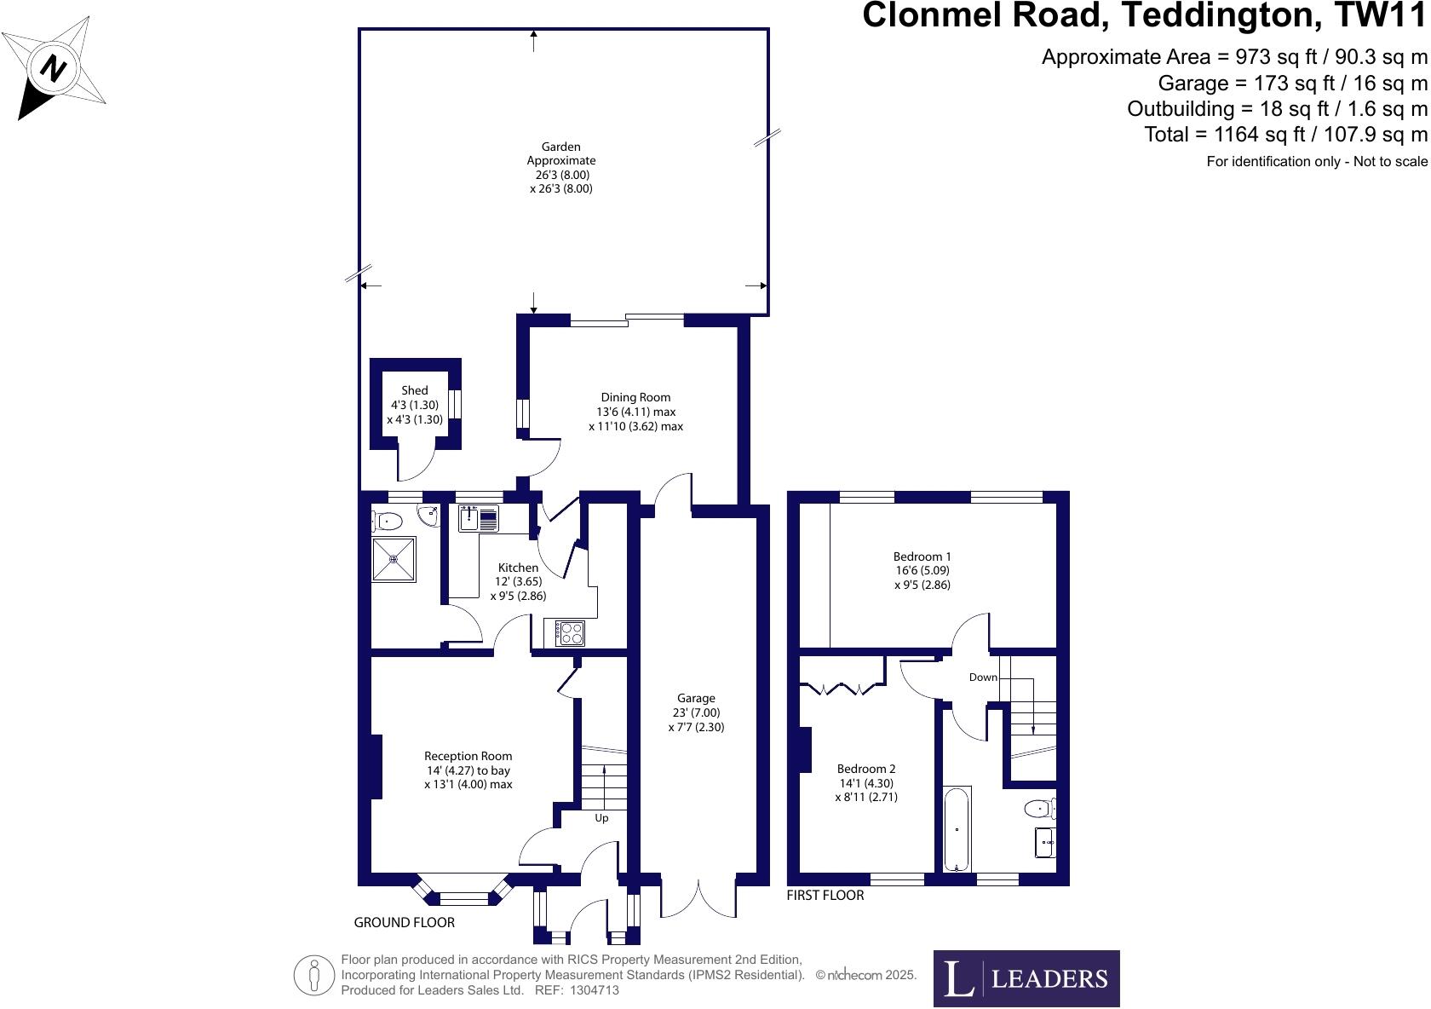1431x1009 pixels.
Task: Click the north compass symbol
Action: (54, 67)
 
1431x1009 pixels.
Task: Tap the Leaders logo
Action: (1026, 978)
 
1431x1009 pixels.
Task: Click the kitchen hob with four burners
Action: (570, 633)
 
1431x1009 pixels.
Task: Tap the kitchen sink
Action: (479, 518)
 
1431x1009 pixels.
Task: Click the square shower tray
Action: (394, 559)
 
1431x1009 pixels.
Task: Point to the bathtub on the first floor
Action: (957, 829)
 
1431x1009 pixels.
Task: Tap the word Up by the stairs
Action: (601, 819)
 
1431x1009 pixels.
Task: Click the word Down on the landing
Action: (983, 677)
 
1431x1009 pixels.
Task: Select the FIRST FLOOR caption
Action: (825, 896)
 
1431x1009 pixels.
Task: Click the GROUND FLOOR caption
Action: (405, 922)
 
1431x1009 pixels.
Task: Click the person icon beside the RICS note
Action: (313, 976)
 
